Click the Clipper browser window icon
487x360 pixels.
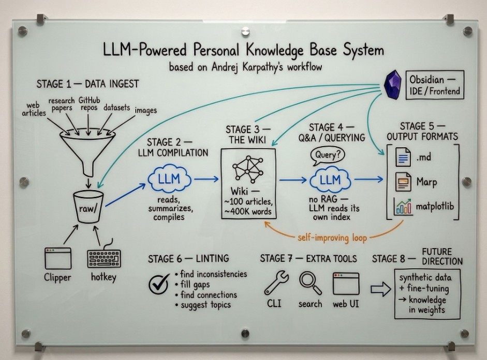pos(57,258)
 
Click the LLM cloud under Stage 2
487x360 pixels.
pos(169,180)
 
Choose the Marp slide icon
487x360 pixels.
pos(404,182)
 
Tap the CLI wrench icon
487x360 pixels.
pos(273,283)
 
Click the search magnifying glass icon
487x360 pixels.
pos(309,283)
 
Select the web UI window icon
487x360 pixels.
pos(346,284)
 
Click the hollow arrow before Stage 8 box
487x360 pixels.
pos(380,290)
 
